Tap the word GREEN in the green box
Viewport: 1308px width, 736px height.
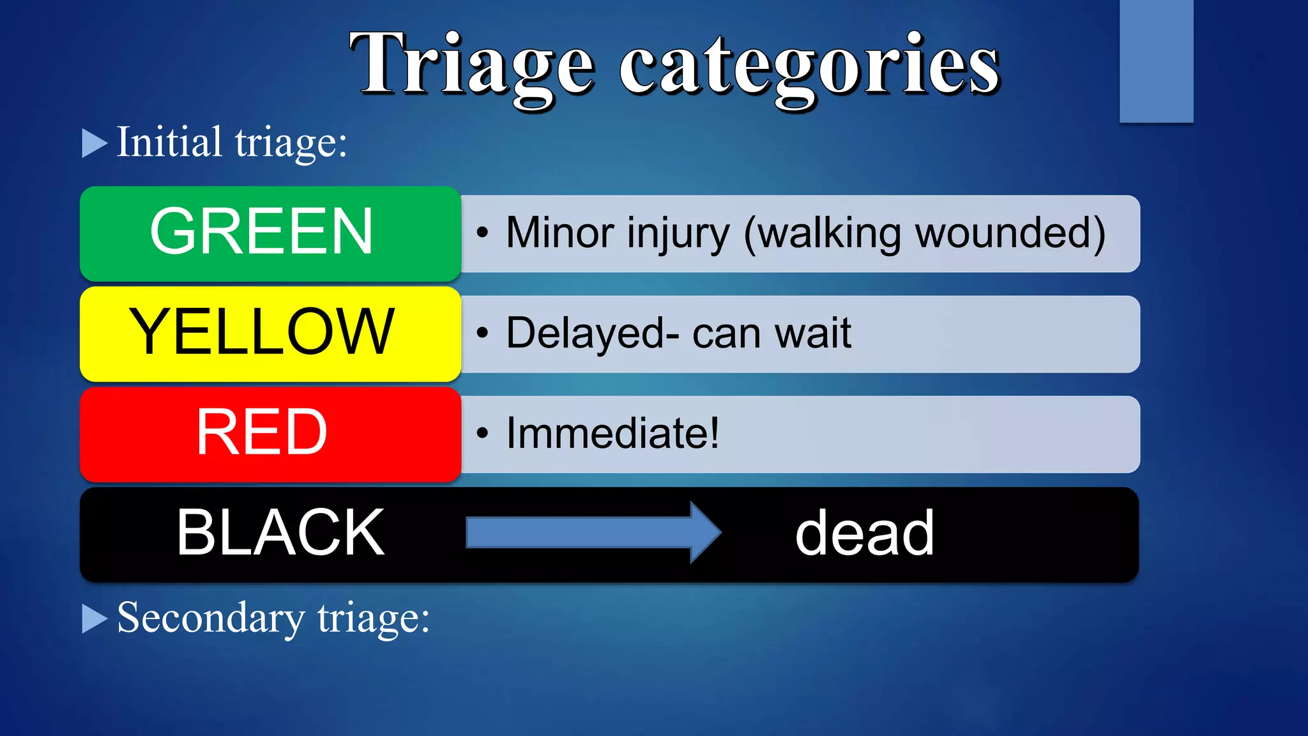pos(261,231)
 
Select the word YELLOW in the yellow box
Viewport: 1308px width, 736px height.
pos(262,332)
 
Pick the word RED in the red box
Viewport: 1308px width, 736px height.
pos(261,433)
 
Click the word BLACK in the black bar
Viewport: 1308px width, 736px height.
pos(280,533)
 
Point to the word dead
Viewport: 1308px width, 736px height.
pos(864,533)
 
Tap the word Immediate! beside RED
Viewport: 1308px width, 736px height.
pos(612,433)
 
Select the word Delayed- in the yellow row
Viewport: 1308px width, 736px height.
pos(592,333)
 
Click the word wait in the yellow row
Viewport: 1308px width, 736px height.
pos(812,333)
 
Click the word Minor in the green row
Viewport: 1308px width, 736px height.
pos(560,233)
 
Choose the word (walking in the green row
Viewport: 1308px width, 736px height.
pos(823,234)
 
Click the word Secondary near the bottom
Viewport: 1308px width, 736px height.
pos(211,618)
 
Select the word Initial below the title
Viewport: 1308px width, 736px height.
pos(169,142)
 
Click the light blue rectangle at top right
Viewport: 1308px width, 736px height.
pos(1156,61)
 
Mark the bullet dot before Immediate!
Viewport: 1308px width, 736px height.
pos(482,434)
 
